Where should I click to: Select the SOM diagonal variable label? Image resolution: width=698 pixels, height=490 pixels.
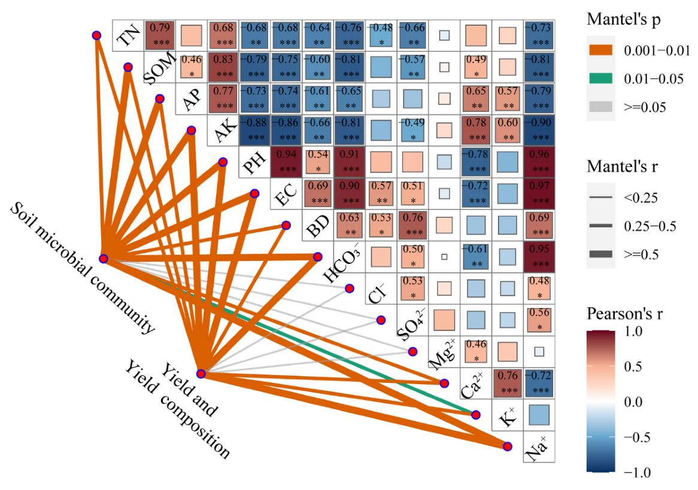tap(160, 68)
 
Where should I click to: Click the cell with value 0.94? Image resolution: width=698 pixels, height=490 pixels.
tap(286, 162)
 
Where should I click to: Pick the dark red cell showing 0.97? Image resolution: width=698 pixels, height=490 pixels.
tap(538, 193)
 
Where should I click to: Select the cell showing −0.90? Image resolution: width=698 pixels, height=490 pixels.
tap(538, 130)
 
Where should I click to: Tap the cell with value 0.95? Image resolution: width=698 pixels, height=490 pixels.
tap(538, 256)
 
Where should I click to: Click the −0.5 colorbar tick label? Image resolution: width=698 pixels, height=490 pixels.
tap(638, 437)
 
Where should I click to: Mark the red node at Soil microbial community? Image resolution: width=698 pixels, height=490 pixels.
tap(104, 259)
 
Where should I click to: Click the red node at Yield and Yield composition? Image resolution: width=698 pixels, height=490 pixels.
tap(201, 374)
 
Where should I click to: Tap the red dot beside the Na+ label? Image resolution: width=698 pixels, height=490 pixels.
tap(507, 446)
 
